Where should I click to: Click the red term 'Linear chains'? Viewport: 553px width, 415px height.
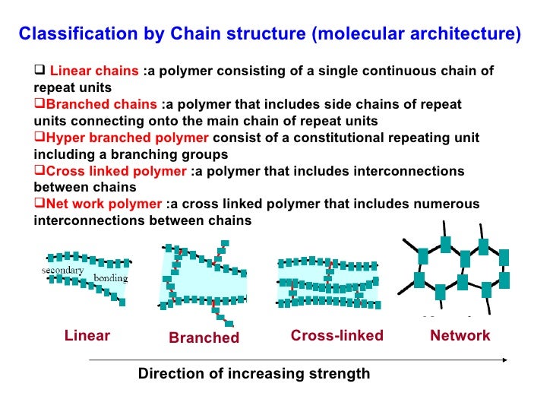(94, 71)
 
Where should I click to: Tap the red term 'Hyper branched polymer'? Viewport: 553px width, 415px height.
(127, 138)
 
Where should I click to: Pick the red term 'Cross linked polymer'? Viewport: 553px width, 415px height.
(115, 171)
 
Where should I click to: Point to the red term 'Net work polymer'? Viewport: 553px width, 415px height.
(103, 204)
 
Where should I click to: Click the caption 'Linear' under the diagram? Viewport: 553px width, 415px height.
(87, 336)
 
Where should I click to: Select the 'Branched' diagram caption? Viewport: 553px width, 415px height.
(204, 338)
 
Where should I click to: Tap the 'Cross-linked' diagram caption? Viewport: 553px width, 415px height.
(337, 336)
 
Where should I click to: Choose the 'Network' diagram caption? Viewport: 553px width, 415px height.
(460, 336)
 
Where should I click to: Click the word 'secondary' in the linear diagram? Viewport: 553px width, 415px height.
(62, 270)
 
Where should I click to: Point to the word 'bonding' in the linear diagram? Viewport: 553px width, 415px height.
(110, 278)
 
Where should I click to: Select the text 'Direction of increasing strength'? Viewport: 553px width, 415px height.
(254, 374)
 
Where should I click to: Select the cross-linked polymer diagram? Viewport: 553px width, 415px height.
(328, 281)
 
